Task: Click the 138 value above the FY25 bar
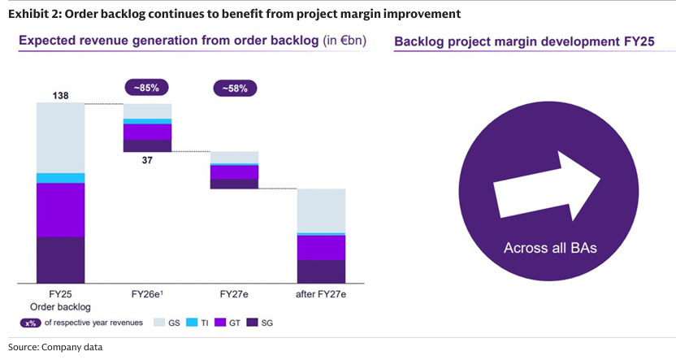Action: [x=60, y=96]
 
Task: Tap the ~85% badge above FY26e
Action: [x=147, y=87]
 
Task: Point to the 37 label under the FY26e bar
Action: [x=147, y=160]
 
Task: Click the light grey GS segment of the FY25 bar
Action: [x=60, y=137]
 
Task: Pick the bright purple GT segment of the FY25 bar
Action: [x=60, y=210]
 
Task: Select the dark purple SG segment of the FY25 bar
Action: [x=60, y=259]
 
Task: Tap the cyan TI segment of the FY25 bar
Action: [x=60, y=178]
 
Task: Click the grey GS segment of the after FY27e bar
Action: [x=322, y=210]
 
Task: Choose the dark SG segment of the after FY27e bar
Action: [x=322, y=271]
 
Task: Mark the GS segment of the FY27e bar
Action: [x=235, y=157]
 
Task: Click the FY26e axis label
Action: [x=147, y=294]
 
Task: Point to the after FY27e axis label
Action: [x=322, y=294]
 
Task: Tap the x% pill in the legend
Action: [x=33, y=323]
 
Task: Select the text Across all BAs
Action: [x=550, y=248]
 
